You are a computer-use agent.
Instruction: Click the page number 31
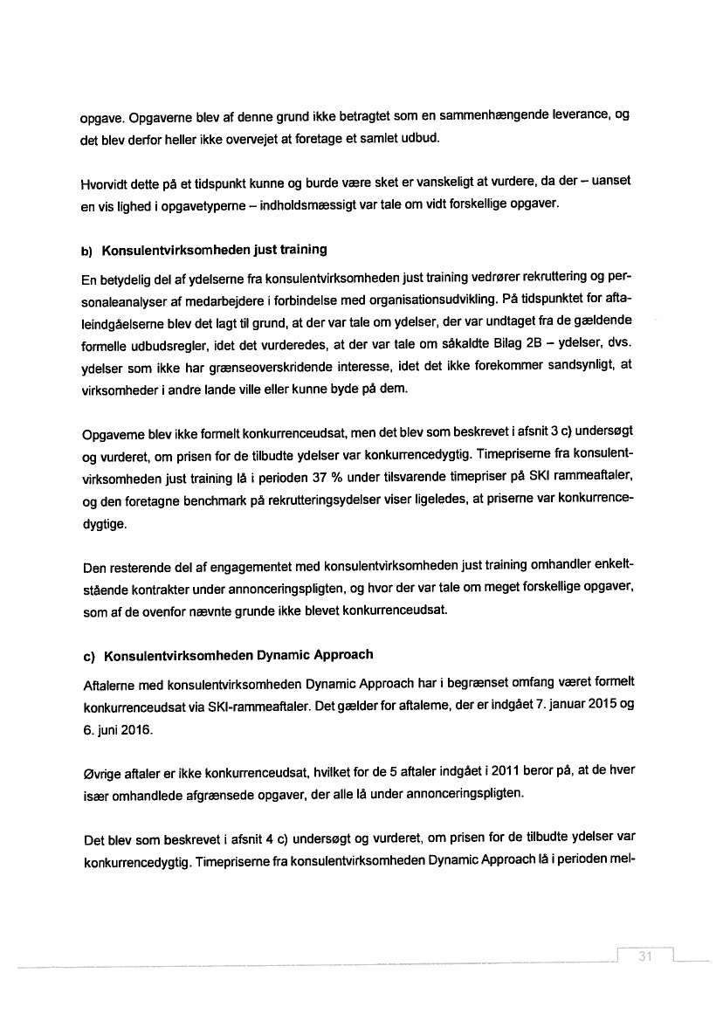pos(646,955)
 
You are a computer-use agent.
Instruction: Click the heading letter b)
pos(87,251)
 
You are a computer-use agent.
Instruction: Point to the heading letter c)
pos(87,655)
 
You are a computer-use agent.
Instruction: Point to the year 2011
pos(507,773)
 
